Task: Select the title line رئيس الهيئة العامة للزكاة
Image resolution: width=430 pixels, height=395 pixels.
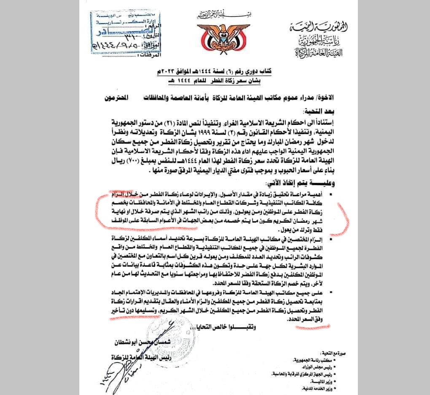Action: tap(133, 357)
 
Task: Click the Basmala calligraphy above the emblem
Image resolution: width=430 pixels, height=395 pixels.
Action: tap(215, 16)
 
